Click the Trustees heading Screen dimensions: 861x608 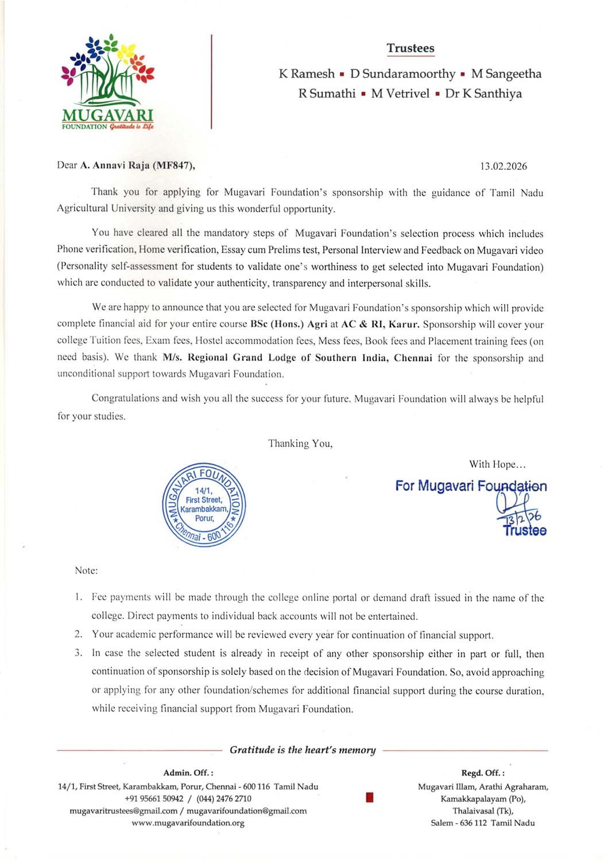click(x=410, y=48)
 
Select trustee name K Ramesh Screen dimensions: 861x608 click(x=307, y=73)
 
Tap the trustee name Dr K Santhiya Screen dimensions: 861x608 click(x=483, y=94)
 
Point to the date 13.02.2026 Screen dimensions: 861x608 click(x=504, y=166)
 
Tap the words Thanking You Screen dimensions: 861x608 click(x=300, y=443)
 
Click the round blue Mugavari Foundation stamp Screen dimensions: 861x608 click(x=204, y=505)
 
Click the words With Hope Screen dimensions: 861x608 click(x=497, y=464)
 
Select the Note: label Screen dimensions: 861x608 click(x=86, y=571)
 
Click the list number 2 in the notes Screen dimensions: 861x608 click(x=78, y=635)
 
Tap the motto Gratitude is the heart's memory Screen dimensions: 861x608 click(x=303, y=750)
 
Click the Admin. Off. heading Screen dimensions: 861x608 click(x=188, y=773)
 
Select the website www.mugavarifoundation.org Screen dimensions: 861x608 click(x=188, y=823)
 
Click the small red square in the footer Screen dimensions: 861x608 click(x=369, y=797)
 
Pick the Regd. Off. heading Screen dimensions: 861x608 click(x=482, y=773)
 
